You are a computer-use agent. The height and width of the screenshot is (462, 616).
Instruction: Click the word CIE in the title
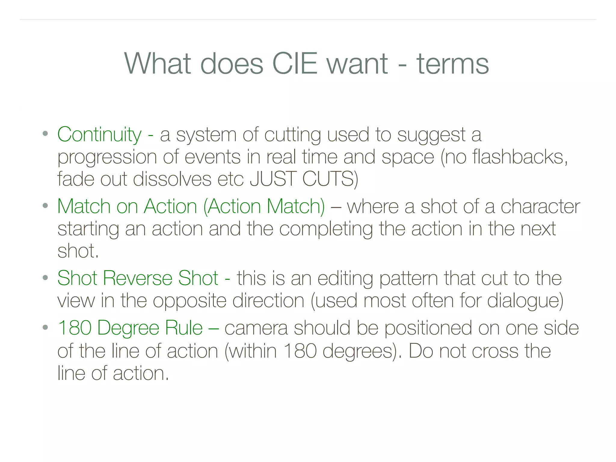point(294,64)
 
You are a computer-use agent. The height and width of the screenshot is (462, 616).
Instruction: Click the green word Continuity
point(99,134)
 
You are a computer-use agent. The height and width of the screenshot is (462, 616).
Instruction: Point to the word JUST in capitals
point(273,179)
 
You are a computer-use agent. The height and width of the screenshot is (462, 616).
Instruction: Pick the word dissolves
point(172,179)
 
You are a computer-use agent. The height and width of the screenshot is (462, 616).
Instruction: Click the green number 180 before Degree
point(75,328)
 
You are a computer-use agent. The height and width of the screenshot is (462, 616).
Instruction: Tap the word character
point(540,207)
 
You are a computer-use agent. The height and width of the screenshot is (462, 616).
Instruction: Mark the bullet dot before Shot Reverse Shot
point(45,277)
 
